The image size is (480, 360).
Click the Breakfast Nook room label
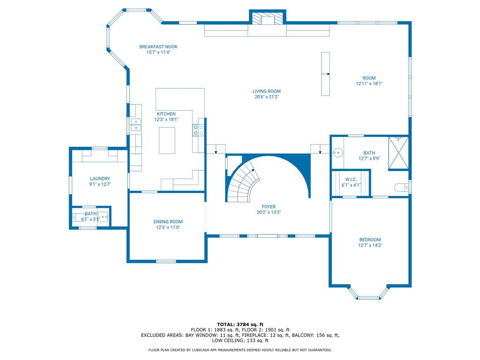pos(158,47)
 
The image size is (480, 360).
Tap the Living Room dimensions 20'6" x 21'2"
pos(267,97)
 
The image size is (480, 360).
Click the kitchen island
pos(166,140)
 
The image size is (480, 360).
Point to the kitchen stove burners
pos(198,130)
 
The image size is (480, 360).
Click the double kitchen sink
pos(136,125)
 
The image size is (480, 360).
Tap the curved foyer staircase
pos(243,183)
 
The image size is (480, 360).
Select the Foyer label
pos(269,207)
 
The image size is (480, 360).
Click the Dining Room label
pos(168,222)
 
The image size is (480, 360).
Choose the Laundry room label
pos(100,179)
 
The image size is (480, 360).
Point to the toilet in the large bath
pos(401,187)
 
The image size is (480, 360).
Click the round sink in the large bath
pos(337,152)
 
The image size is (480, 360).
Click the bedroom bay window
pos(369,297)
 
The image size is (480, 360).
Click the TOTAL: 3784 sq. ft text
pos(240,324)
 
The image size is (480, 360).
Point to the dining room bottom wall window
pos(166,261)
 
